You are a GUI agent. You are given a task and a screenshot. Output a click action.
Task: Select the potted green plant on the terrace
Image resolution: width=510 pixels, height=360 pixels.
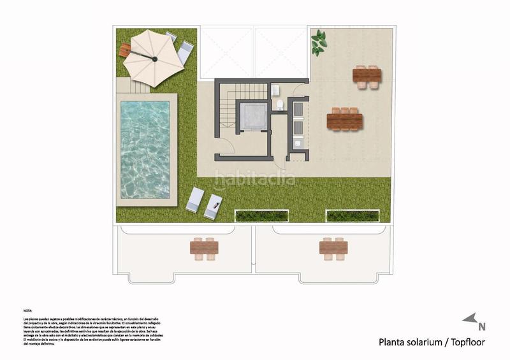click(317, 43)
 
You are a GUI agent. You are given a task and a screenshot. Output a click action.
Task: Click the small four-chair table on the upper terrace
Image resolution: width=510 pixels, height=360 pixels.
click(367, 76)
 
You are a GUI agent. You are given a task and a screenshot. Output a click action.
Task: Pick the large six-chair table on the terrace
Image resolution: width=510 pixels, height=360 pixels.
click(345, 120)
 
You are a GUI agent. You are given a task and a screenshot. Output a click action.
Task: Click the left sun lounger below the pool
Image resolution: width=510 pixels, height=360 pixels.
click(195, 199)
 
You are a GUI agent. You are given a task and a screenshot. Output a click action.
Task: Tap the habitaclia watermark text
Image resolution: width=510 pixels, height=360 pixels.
click(254, 179)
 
